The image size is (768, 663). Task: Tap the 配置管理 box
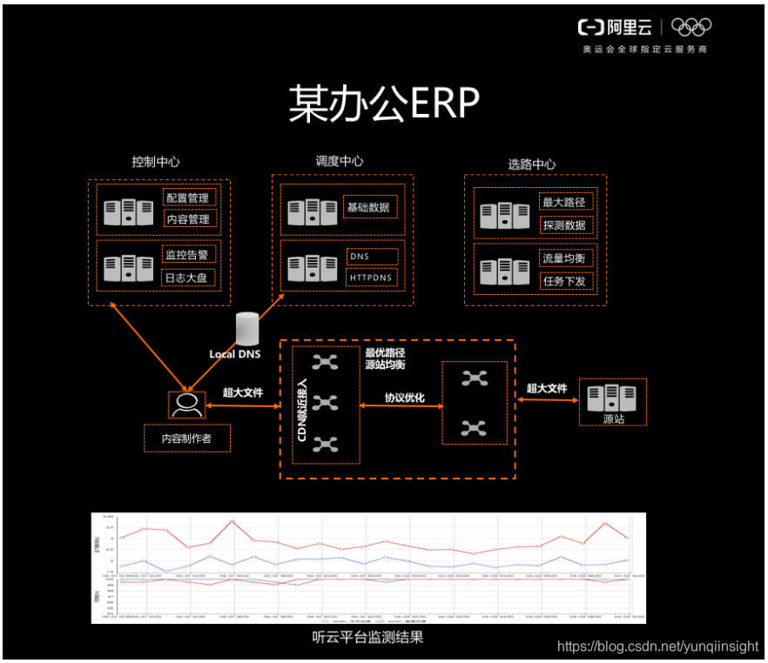[188, 198]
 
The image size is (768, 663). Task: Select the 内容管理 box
[188, 220]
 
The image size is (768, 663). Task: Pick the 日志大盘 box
[188, 278]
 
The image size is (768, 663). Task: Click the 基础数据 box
[369, 207]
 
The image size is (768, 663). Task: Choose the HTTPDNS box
[372, 278]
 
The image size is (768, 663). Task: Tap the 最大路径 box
[565, 203]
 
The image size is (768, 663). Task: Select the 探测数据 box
[565, 225]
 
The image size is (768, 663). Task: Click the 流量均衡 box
[565, 258]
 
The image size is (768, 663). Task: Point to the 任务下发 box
[565, 281]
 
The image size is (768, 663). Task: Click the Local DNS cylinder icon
[247, 329]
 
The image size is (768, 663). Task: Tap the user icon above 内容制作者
[186, 404]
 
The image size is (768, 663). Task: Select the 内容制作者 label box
[187, 439]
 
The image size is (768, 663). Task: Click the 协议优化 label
[405, 398]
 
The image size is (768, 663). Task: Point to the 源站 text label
[613, 419]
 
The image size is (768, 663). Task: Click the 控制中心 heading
[157, 162]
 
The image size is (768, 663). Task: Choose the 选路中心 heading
[532, 164]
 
